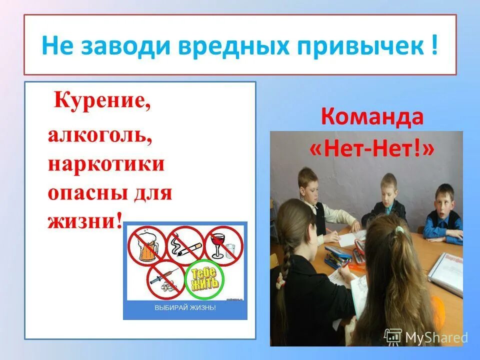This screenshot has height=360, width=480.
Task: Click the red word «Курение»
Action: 102,103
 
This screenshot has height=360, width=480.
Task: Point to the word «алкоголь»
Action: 100,136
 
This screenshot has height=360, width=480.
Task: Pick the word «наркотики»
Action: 106,164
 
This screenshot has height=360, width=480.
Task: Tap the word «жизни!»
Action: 85,220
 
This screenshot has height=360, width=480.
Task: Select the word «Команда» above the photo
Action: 372,117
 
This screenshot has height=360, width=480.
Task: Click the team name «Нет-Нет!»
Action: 372,149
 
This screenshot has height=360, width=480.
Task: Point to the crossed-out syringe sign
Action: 165,280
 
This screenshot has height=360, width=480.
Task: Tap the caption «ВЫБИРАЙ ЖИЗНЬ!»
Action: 185,308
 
